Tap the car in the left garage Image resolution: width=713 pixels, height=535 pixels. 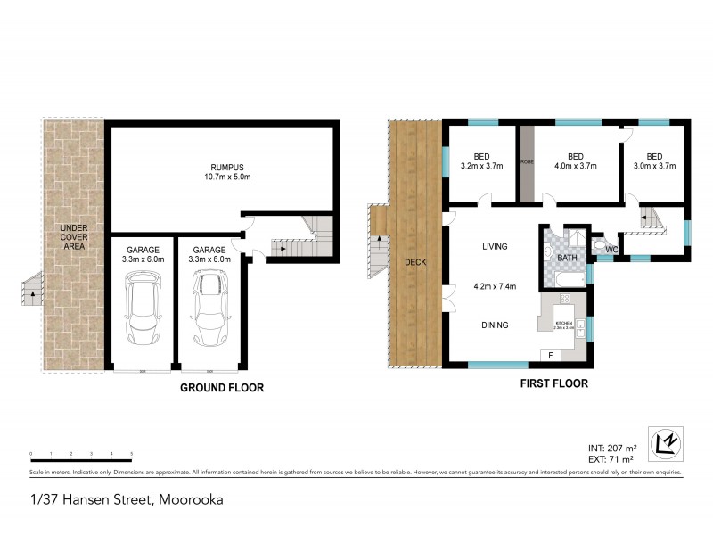pos(143,308)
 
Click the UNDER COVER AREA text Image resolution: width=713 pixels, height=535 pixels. pos(73,236)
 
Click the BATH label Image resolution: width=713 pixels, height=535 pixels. pos(567,259)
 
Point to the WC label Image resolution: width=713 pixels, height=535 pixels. pos(612,250)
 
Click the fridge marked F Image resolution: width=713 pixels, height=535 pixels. pos(551,356)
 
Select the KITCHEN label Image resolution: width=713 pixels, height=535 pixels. pos(563,323)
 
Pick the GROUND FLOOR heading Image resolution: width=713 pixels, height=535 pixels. pos(222,388)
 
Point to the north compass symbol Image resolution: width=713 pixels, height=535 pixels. pos(664,443)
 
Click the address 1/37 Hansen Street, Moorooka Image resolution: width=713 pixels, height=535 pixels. pos(125,499)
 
